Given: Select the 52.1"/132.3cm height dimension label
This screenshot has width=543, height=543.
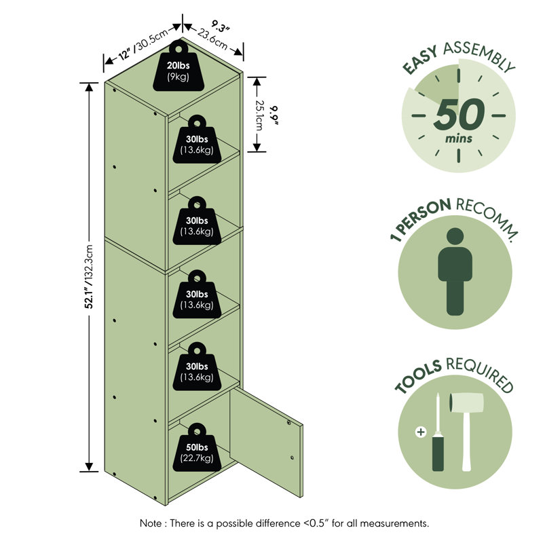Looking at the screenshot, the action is click(90, 276).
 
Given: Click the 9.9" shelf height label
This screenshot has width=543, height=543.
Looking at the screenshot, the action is click(275, 115).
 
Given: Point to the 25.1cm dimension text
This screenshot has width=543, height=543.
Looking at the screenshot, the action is click(259, 115).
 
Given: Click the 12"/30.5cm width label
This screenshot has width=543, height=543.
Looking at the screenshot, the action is click(143, 44).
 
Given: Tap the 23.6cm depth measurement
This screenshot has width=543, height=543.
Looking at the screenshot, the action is click(212, 39).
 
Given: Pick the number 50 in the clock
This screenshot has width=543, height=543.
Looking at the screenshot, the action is click(459, 114).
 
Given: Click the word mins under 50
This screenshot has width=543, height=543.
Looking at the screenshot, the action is click(459, 138).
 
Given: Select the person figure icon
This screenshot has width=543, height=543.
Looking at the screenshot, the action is click(455, 271).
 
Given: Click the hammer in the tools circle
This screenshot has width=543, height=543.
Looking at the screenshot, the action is click(466, 432).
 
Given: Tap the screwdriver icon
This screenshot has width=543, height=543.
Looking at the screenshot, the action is click(438, 432).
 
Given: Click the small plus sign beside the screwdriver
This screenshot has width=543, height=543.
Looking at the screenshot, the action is click(421, 432).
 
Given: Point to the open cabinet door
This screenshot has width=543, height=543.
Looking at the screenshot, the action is click(266, 442).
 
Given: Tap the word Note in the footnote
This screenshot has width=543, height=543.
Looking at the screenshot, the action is click(150, 523).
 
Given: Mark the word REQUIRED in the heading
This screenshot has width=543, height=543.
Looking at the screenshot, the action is click(480, 375).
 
